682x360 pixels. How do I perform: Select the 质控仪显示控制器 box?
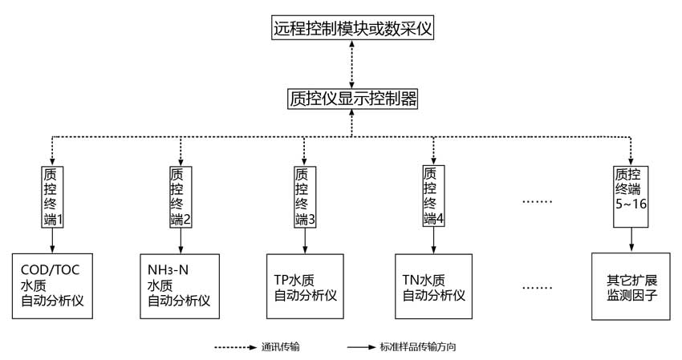point(352,99)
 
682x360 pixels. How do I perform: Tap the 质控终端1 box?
point(52,196)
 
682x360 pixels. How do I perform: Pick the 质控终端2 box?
point(181,196)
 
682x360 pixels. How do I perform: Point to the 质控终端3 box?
point(305,196)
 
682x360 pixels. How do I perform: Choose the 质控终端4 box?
point(434,196)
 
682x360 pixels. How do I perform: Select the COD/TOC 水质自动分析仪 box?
point(52,285)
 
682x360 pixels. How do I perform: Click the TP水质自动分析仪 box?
point(305,285)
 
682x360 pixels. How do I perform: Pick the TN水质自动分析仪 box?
point(434,285)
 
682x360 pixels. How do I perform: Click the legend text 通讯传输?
point(281,348)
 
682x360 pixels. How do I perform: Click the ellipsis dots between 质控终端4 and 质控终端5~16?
point(538,201)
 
